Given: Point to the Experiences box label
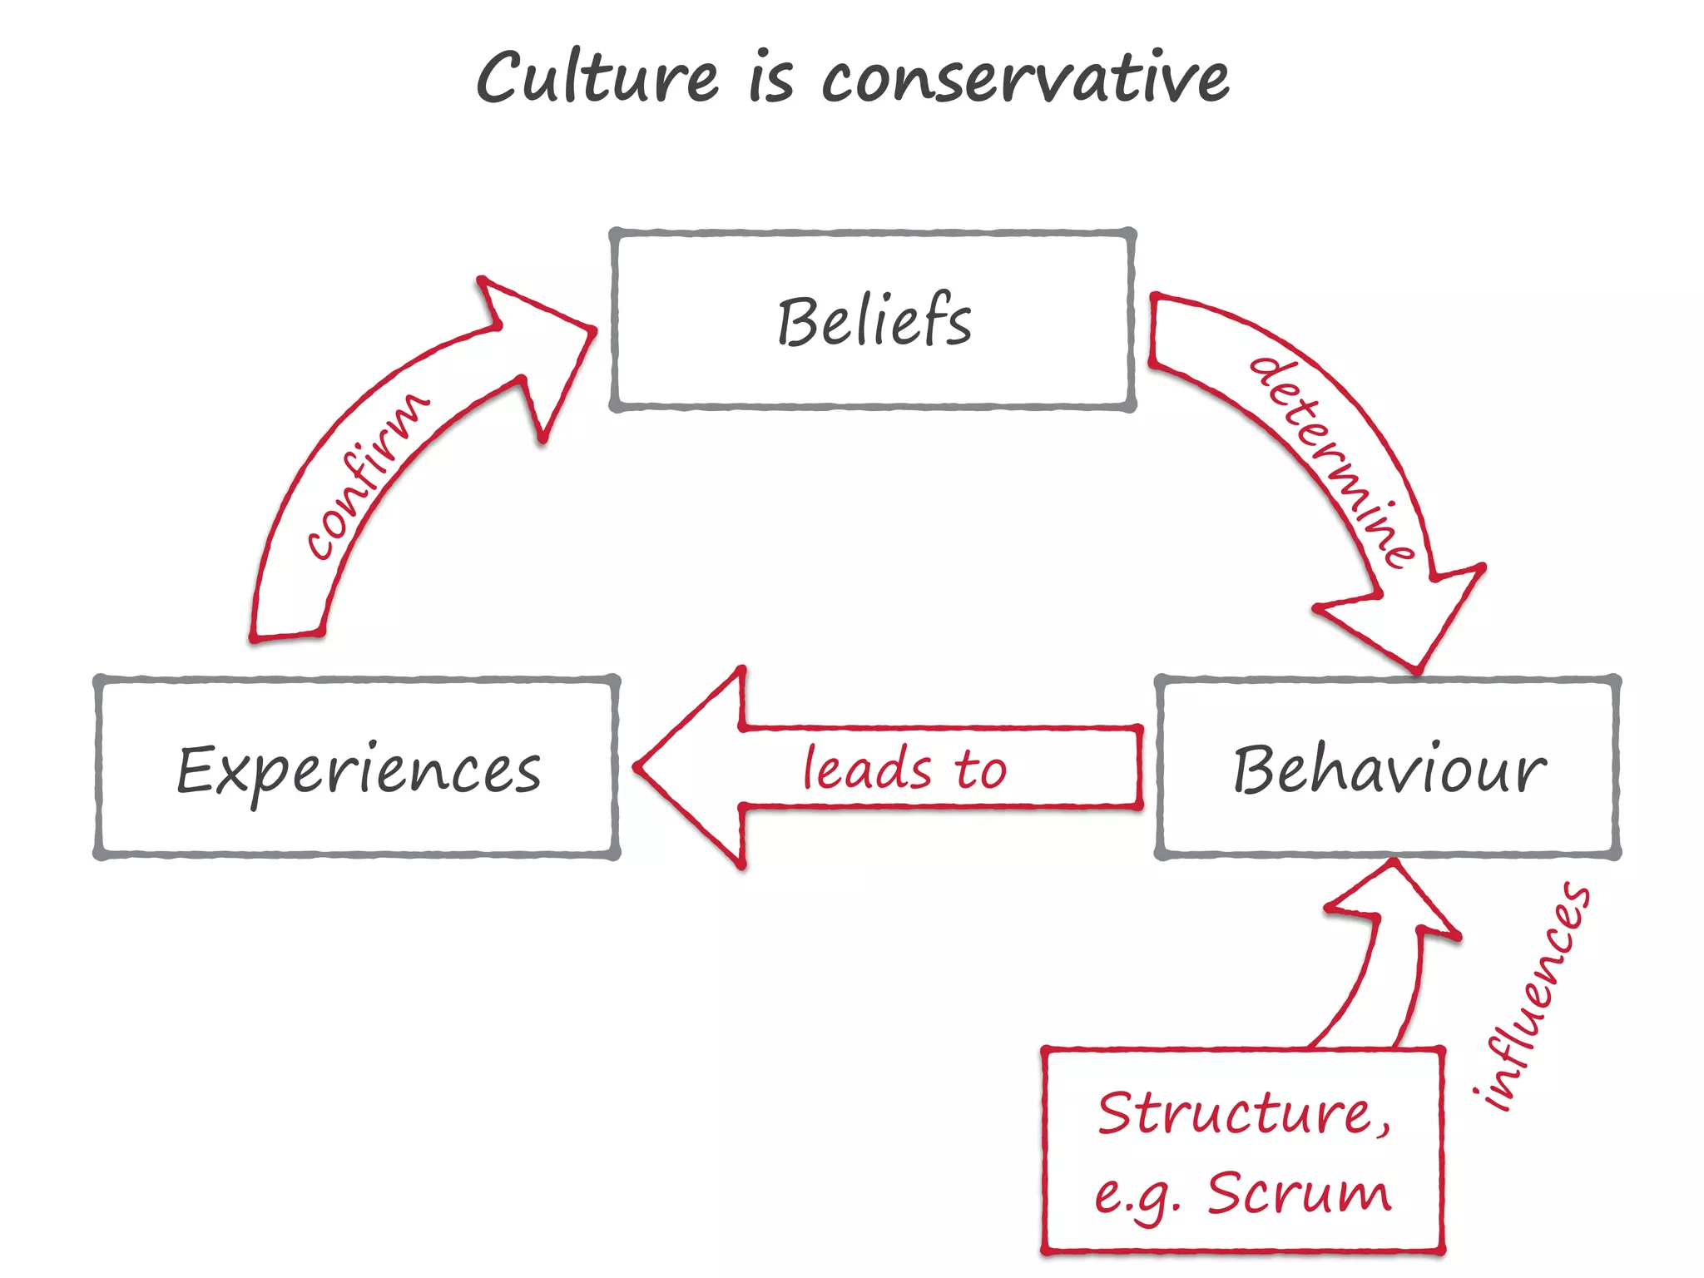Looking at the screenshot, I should point(359,770).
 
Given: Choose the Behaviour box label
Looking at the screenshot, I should point(1389,769).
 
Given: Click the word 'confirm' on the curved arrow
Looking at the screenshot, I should point(367,475).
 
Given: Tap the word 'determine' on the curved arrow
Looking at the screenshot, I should point(1332,462).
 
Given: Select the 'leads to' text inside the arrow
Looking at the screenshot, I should point(904,768).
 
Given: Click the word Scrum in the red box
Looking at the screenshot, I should point(1299,1193).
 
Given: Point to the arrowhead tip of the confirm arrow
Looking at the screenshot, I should point(594,329).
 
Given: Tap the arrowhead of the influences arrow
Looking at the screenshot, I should point(1393,864).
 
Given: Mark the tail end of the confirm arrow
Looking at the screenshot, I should point(287,637).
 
